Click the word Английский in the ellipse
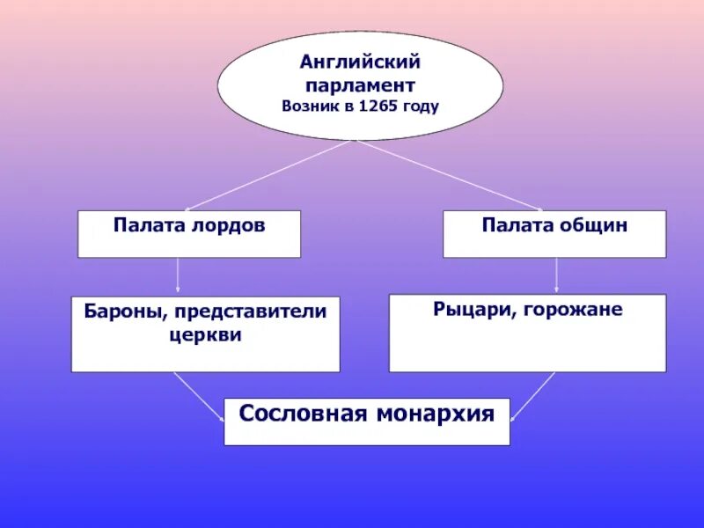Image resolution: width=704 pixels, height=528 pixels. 360,63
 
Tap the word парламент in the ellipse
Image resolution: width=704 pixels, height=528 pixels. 360,85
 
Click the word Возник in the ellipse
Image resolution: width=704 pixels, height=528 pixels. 307,106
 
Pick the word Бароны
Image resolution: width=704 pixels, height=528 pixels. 121,312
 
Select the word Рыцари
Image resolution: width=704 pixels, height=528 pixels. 468,310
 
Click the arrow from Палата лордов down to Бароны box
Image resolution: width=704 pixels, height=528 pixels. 179,275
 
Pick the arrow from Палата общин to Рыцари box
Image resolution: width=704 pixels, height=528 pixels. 557,275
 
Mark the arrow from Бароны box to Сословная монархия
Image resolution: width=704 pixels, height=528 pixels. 197,395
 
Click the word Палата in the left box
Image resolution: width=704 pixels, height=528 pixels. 142,225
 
